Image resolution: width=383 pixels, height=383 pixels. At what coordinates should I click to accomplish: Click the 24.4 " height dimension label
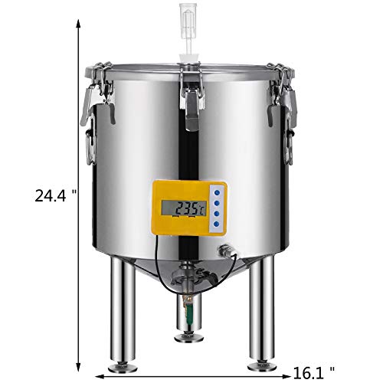coord(56,196)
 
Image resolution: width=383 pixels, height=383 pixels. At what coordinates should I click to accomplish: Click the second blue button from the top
coord(217,203)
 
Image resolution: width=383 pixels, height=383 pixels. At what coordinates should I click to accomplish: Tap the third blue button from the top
coord(217,214)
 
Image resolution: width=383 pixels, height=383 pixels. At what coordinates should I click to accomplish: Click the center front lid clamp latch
coord(192,97)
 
